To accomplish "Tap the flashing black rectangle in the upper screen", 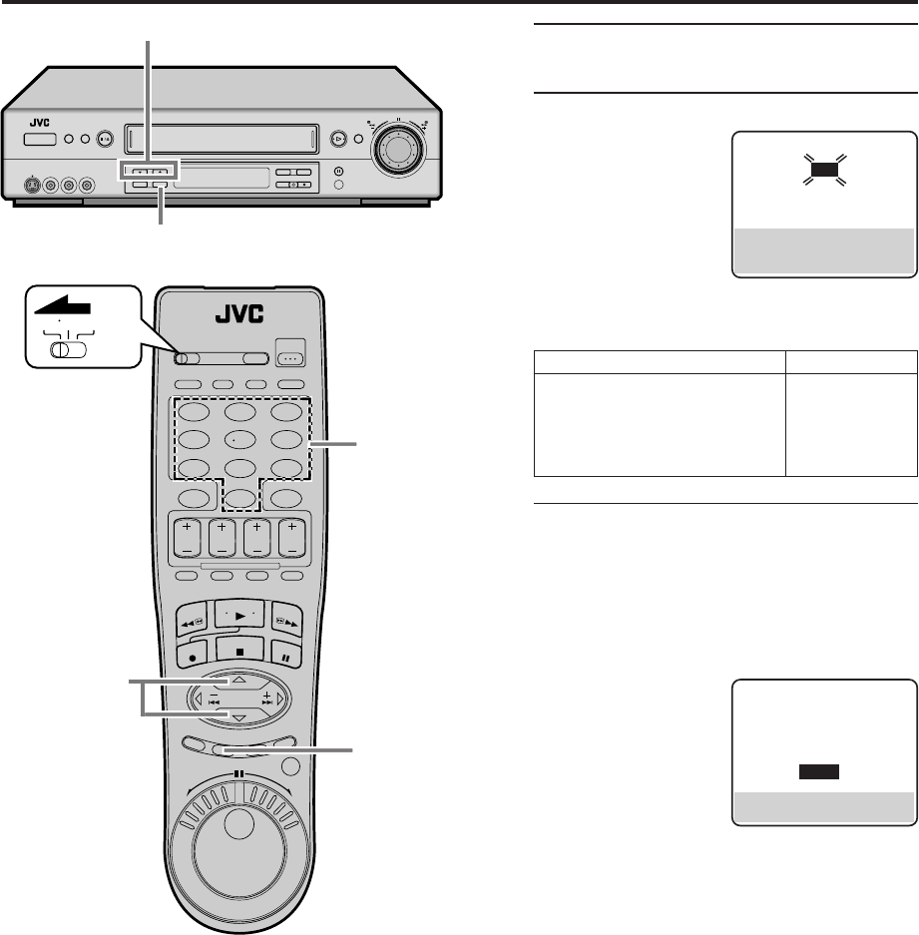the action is coord(823,170).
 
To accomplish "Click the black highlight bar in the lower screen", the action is coord(817,771).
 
